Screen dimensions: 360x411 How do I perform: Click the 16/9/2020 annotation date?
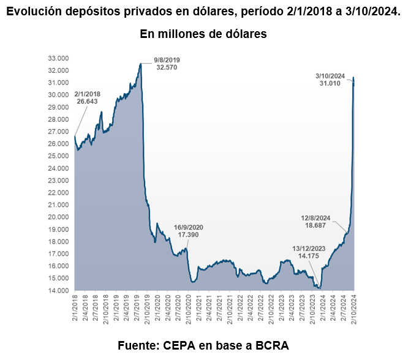(189, 227)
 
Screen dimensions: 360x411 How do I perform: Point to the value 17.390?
(189, 235)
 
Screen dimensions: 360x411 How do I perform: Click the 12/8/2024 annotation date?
(316, 217)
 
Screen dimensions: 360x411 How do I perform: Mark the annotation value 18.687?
(316, 225)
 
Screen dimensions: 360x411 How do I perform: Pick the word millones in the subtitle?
(184, 34)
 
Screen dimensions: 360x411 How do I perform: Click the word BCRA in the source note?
(271, 344)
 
